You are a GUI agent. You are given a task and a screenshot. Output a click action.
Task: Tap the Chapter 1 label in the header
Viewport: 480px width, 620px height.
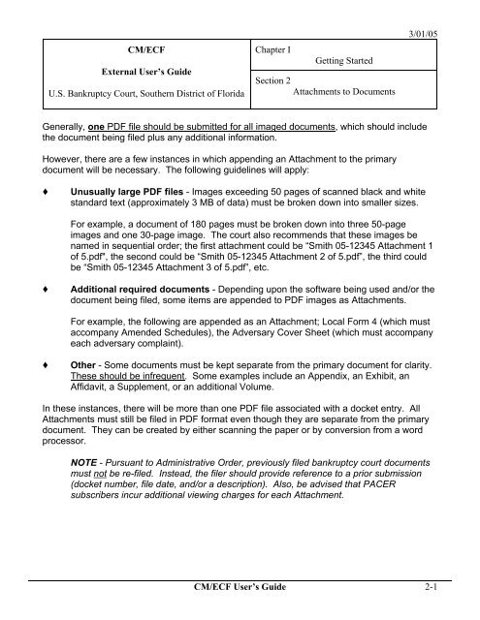click(x=279, y=46)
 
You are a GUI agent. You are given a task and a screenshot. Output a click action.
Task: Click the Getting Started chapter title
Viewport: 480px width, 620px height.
click(x=351, y=60)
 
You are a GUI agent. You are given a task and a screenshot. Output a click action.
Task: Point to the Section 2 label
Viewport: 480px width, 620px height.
click(x=276, y=82)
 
